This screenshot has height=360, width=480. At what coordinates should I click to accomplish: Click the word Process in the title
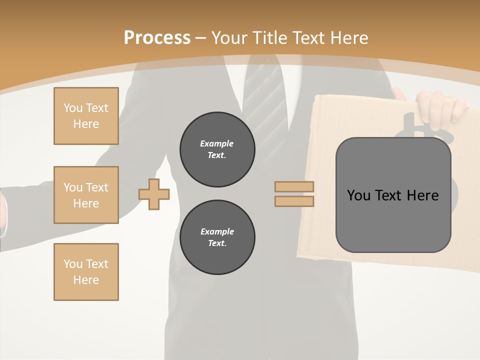click(x=157, y=38)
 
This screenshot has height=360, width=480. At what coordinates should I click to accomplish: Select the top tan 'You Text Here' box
click(x=86, y=116)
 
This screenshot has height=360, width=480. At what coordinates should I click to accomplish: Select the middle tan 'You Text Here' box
click(x=86, y=195)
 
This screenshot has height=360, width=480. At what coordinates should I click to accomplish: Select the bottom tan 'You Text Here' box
click(x=86, y=271)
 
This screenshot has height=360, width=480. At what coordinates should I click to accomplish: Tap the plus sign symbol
click(x=154, y=194)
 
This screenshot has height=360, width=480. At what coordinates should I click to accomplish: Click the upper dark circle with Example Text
click(x=217, y=149)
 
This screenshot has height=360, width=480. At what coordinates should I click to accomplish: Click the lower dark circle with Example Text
click(x=217, y=237)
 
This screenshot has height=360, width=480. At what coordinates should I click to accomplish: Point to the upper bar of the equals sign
click(x=294, y=187)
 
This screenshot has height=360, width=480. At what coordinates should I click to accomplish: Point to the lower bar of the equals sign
click(x=294, y=201)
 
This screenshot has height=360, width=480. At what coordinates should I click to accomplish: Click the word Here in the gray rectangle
click(x=422, y=195)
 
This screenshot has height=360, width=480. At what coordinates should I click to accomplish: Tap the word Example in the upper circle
click(x=217, y=143)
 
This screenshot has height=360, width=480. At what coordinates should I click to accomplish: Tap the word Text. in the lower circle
click(x=217, y=243)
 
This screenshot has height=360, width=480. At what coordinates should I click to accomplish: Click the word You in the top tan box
click(x=72, y=108)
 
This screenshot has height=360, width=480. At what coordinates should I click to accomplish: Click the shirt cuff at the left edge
click(x=3, y=215)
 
